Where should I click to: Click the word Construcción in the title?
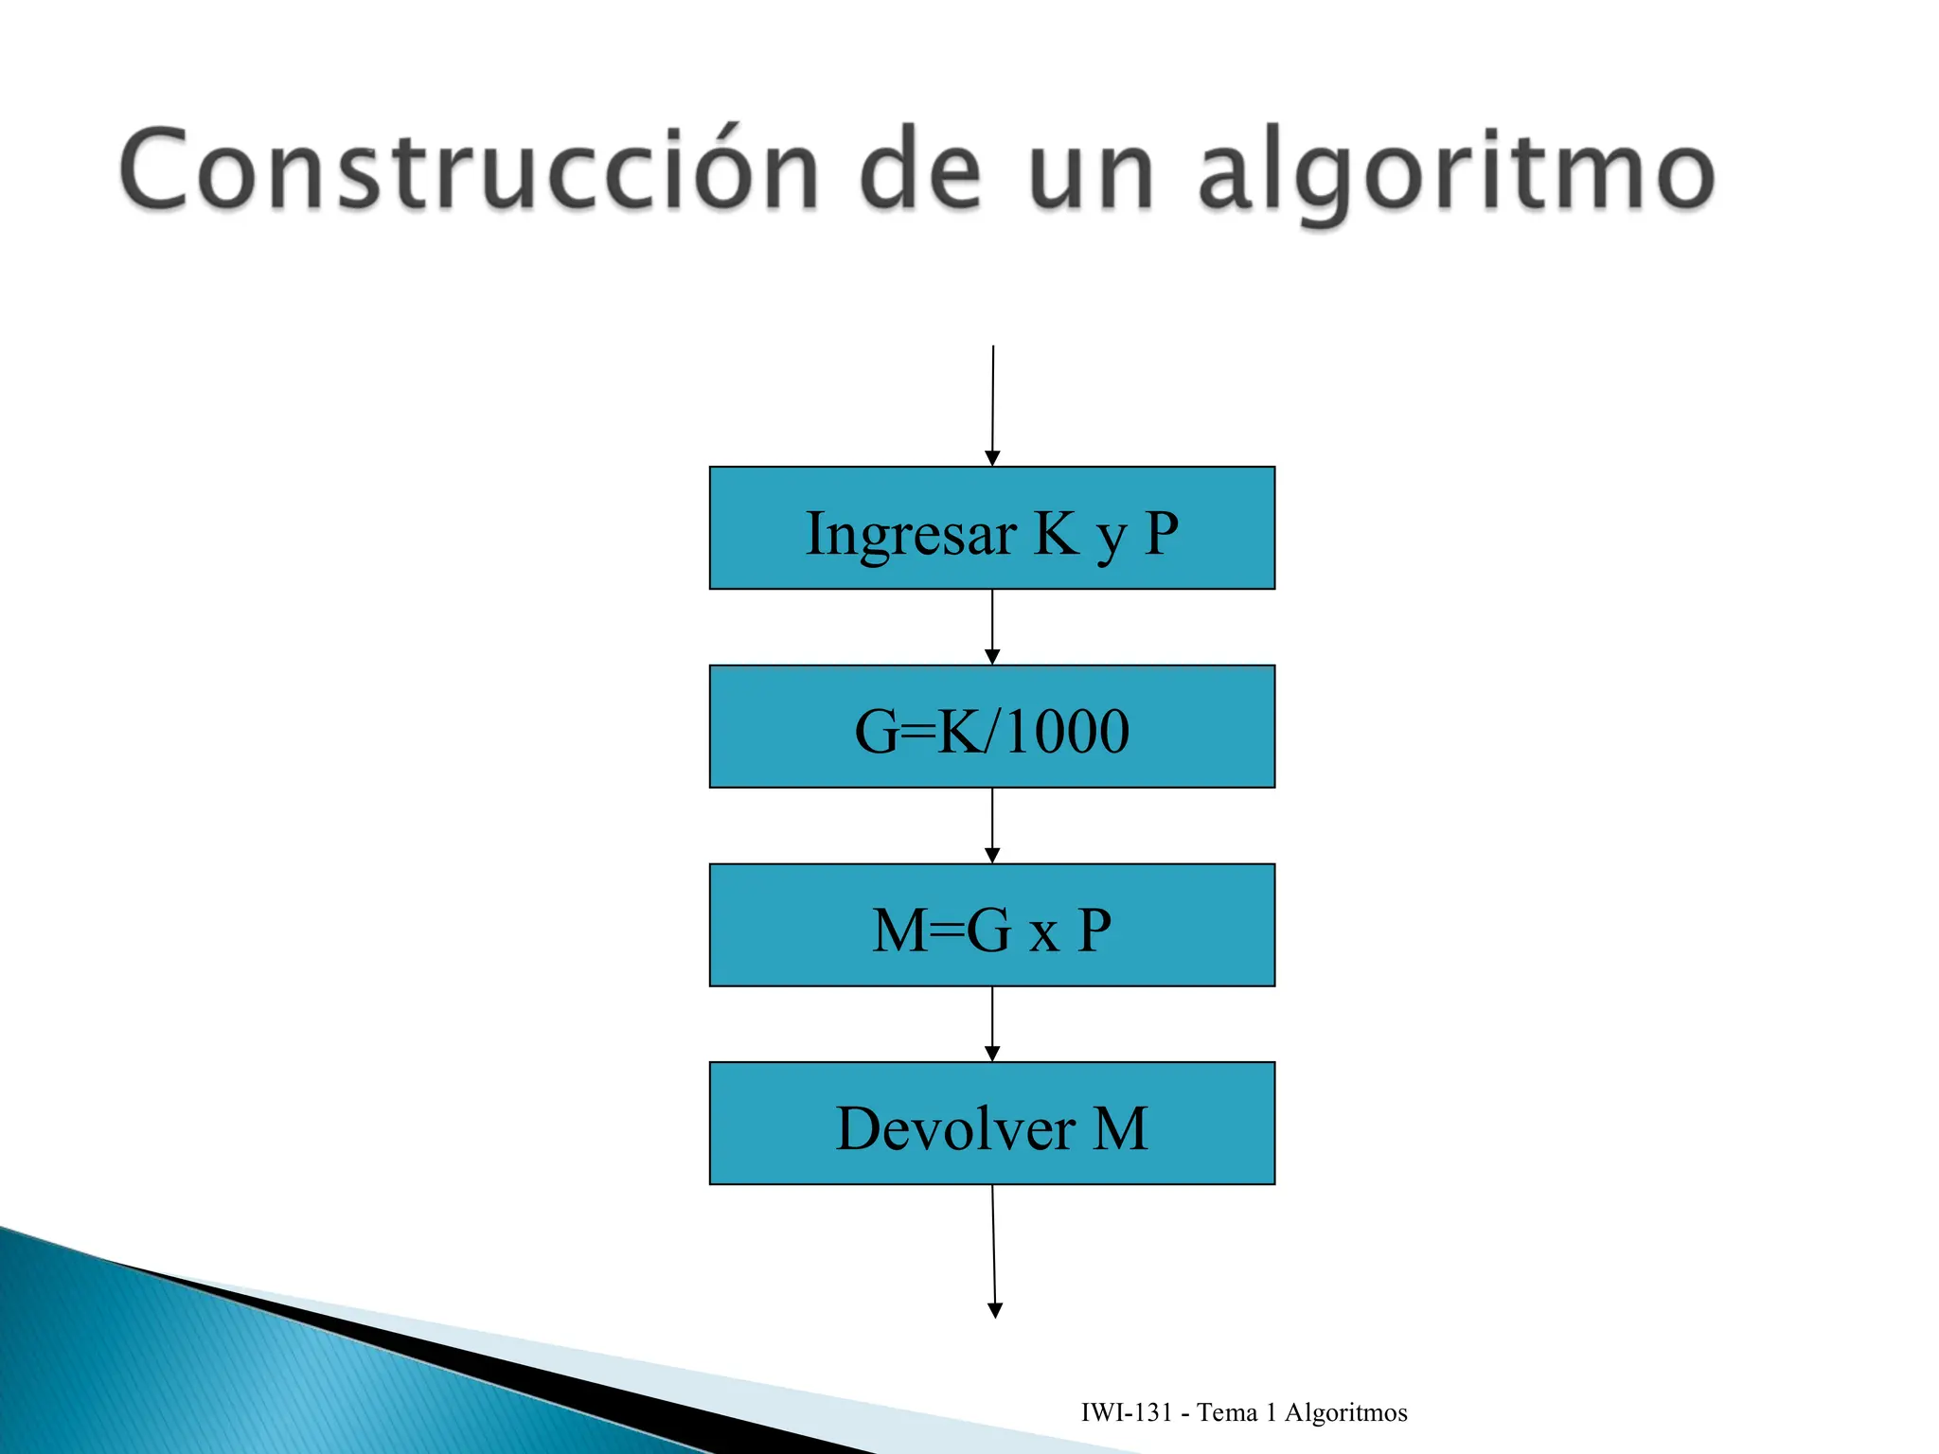(x=469, y=170)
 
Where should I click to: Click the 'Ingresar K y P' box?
(x=991, y=527)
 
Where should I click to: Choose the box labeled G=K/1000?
(x=991, y=726)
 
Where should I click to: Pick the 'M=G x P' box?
(x=991, y=925)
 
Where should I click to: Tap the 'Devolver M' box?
(x=991, y=1124)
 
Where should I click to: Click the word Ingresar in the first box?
(x=911, y=534)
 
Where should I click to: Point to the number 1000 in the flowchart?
(x=1067, y=731)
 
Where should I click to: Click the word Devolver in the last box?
(x=955, y=1128)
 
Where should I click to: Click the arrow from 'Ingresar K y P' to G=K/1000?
(x=992, y=627)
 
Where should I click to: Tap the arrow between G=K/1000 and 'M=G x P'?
(x=992, y=825)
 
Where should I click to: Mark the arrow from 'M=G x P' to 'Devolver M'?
(x=992, y=1024)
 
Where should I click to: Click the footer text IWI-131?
(x=1127, y=1412)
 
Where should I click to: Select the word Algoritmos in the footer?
(x=1345, y=1412)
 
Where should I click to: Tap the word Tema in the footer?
(x=1227, y=1412)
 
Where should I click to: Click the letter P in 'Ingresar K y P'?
(x=1161, y=532)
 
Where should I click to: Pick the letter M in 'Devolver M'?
(x=1121, y=1128)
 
